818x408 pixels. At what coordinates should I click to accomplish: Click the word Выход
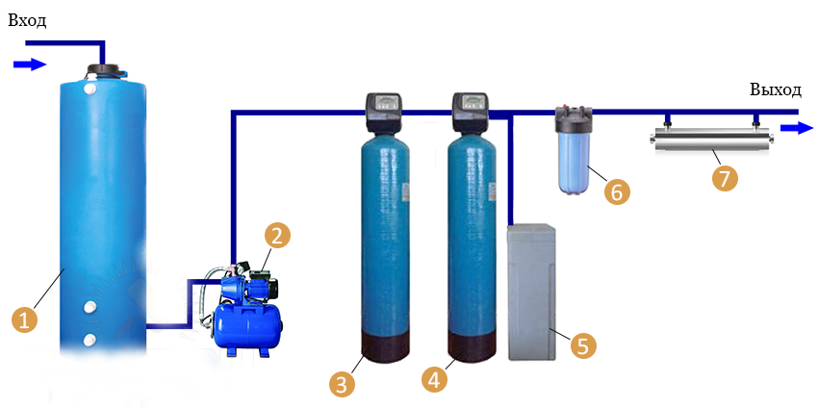point(775,89)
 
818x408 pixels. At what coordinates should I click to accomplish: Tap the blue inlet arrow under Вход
point(30,64)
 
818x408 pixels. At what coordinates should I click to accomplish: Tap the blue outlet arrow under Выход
point(795,127)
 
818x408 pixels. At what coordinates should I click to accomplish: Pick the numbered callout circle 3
point(342,384)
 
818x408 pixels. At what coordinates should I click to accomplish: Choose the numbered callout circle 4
point(435,378)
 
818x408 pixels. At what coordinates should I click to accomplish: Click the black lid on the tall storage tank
point(104,70)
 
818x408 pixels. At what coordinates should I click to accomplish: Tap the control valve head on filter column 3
point(383,112)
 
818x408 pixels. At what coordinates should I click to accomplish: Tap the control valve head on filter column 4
point(472,112)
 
